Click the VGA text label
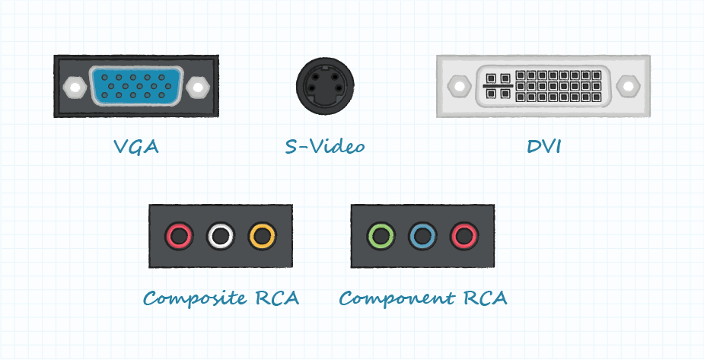(136, 146)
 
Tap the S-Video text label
(324, 146)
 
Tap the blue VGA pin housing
(136, 86)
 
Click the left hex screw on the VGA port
(74, 87)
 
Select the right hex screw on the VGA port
(199, 87)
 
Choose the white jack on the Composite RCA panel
(220, 237)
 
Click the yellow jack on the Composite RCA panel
(261, 237)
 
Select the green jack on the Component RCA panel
(381, 236)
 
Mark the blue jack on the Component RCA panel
(422, 236)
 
